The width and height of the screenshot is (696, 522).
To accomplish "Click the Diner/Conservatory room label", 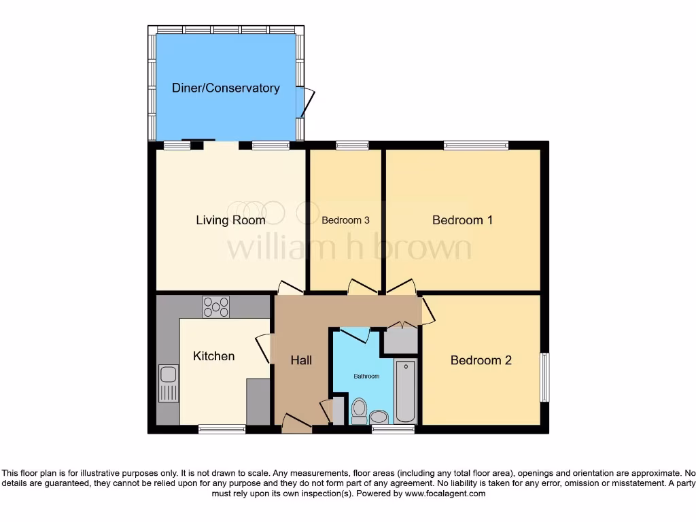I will pyautogui.click(x=225, y=88).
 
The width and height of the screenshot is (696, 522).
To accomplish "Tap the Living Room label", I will pyautogui.click(x=230, y=220).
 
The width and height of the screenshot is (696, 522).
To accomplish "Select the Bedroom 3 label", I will pyautogui.click(x=345, y=220).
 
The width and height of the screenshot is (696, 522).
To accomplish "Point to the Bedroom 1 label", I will pyautogui.click(x=462, y=220).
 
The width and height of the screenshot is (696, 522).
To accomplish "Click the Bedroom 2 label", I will pyautogui.click(x=481, y=360).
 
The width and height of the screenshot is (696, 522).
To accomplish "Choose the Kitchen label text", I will pyautogui.click(x=213, y=356).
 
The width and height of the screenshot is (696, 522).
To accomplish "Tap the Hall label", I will pyautogui.click(x=301, y=360).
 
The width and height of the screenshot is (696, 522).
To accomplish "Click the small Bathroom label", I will pyautogui.click(x=366, y=376).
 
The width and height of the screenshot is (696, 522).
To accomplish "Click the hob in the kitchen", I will pyautogui.click(x=215, y=307).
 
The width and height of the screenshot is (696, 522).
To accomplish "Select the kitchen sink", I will pyautogui.click(x=168, y=383).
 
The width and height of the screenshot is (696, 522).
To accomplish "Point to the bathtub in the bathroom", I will pyautogui.click(x=406, y=392).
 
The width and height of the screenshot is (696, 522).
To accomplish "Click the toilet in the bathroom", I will pyautogui.click(x=359, y=411).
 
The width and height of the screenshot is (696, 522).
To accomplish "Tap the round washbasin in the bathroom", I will pyautogui.click(x=379, y=416).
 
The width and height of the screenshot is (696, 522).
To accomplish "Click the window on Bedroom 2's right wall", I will pyautogui.click(x=545, y=377).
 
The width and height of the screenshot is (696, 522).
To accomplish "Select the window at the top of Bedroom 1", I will pyautogui.click(x=476, y=145).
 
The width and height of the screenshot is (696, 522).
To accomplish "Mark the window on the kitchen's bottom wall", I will pyautogui.click(x=222, y=429).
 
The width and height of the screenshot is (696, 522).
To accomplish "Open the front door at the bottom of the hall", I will pyautogui.click(x=296, y=425).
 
